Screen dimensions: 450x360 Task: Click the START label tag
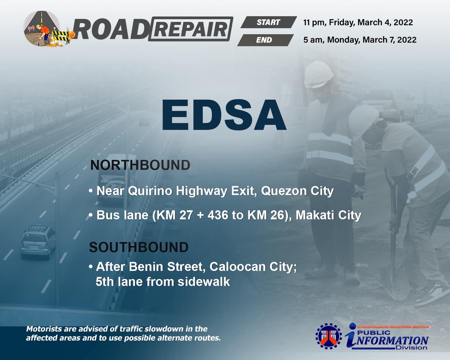coord(269,22)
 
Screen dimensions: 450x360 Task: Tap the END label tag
coord(265,40)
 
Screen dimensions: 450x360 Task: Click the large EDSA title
coord(224,115)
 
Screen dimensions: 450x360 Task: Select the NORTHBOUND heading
coord(140,165)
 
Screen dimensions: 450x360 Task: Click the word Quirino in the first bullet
coord(150,191)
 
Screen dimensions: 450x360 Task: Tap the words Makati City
coord(328,215)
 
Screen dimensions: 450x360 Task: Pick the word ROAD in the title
coord(111,29)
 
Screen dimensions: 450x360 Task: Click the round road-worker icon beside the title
coord(42,29)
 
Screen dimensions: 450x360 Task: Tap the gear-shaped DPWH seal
coord(328,336)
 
